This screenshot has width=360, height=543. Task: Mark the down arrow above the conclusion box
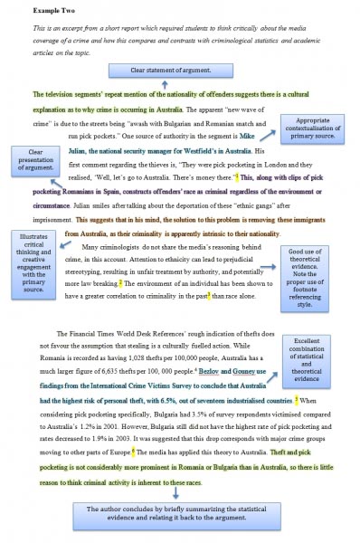pos(177,494)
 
